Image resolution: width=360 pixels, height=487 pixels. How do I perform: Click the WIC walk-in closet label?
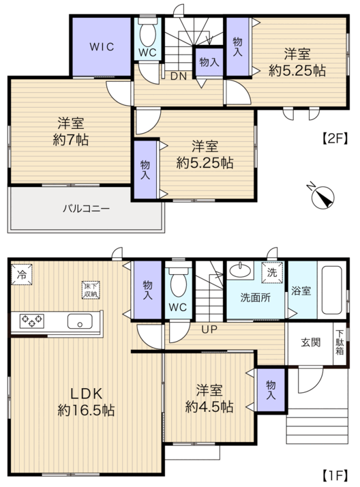[x=102, y=47]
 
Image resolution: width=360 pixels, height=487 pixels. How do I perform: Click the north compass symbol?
[x=322, y=196]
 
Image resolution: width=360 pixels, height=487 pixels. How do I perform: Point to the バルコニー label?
[x=87, y=208]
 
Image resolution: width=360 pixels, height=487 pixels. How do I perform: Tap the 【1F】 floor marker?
[x=334, y=475]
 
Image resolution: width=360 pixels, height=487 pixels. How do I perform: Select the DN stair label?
[x=179, y=76]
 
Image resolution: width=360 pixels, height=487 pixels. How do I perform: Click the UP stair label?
[x=209, y=329]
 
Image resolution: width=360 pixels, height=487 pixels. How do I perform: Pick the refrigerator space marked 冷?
[x=22, y=274]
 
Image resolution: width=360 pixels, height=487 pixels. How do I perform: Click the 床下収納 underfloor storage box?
[x=91, y=290]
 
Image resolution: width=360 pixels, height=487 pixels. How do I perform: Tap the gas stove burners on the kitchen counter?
[x=31, y=321]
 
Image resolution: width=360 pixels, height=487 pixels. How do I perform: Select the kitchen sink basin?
[x=80, y=321]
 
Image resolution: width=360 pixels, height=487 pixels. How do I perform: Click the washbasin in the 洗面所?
[x=240, y=269]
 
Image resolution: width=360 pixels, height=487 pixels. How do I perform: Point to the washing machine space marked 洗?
[x=272, y=273]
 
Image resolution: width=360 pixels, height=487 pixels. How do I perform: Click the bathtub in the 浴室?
[x=332, y=290]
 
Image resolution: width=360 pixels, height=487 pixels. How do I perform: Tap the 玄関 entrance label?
[x=310, y=342]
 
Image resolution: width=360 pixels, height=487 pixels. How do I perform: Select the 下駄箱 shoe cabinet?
[x=340, y=344]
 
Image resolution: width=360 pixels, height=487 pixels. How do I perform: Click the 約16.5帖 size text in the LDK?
[x=86, y=411]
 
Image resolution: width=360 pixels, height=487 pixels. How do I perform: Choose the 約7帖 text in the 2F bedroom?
[x=71, y=140]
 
